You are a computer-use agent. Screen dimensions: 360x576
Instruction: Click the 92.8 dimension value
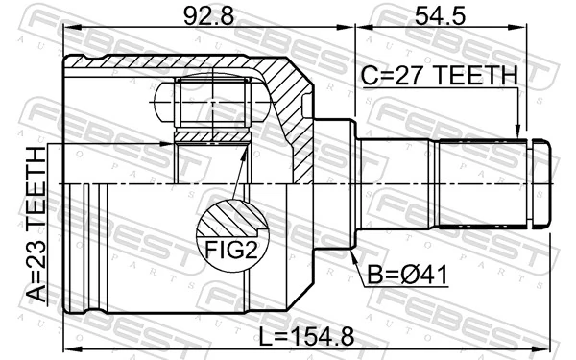[x=207, y=15]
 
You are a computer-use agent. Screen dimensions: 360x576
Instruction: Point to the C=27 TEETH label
[x=439, y=74]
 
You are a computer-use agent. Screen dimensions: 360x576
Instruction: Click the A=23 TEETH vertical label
[x=35, y=223]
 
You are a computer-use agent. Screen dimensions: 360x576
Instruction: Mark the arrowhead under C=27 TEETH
[x=519, y=135]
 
